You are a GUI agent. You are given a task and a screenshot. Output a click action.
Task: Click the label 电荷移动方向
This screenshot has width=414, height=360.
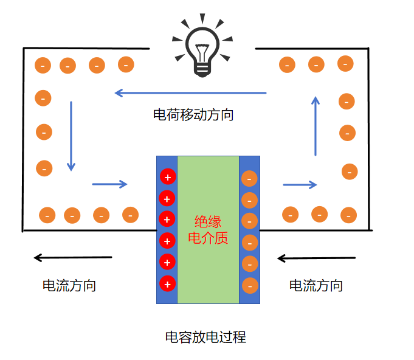click(x=193, y=114)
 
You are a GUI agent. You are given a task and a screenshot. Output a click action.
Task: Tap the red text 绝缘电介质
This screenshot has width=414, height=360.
click(x=208, y=230)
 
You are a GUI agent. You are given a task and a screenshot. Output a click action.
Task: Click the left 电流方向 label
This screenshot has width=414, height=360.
click(x=69, y=285)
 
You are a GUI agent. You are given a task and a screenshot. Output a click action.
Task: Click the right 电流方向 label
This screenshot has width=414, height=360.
click(x=316, y=285)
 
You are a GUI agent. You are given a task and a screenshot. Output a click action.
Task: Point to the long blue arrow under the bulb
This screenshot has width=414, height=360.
click(x=190, y=93)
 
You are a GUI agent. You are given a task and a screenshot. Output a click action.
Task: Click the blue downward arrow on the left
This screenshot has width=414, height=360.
click(x=71, y=136)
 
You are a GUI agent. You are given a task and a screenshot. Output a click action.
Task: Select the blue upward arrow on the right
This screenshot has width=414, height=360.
click(x=315, y=126)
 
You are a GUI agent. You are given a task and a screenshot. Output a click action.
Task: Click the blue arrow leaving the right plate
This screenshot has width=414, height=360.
click(x=300, y=184)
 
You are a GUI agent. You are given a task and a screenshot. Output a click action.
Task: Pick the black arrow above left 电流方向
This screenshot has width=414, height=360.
click(x=73, y=258)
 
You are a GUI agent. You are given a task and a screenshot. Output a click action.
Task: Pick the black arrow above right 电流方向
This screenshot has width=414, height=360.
click(x=316, y=258)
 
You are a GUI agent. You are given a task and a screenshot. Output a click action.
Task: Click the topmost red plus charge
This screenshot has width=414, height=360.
click(x=167, y=177)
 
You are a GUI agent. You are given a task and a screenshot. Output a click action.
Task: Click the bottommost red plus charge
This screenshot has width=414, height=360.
click(x=167, y=283)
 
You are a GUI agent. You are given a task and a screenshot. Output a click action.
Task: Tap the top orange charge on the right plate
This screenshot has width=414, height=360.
click(x=249, y=179)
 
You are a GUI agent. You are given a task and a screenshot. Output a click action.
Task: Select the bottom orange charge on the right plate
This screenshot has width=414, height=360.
click(x=249, y=285)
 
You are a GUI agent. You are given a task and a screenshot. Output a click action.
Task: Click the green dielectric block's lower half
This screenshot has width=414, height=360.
click(x=208, y=274)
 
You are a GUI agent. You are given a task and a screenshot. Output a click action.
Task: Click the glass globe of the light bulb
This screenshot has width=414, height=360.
click(x=202, y=43)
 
